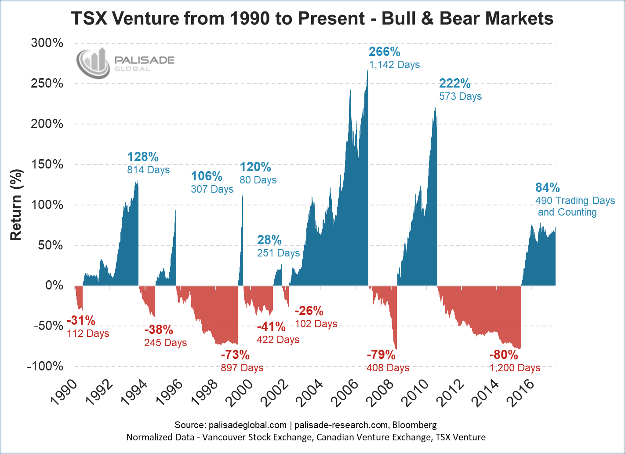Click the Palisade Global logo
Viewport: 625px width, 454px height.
125,63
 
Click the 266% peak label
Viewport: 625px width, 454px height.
385,52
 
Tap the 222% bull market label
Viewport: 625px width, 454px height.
455,83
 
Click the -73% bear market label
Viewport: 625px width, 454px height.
235,355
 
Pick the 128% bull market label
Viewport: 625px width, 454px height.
143,157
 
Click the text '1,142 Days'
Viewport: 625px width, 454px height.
394,65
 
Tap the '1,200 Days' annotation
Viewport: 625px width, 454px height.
515,368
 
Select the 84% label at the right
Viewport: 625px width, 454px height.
547,188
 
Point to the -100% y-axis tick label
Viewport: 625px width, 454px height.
45,366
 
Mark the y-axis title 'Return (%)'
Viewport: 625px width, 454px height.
16,205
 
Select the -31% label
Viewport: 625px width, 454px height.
81,321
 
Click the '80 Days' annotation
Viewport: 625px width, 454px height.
258,180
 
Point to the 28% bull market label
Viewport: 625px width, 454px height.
269,240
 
